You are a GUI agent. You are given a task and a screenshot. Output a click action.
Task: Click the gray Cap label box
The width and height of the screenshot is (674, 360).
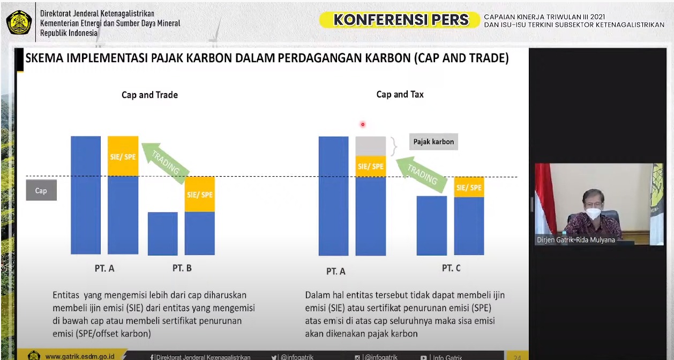[x=41, y=190]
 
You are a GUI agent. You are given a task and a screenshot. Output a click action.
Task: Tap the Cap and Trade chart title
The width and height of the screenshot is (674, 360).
[x=149, y=95]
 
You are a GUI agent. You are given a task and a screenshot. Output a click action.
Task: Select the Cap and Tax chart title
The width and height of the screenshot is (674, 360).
[x=400, y=94]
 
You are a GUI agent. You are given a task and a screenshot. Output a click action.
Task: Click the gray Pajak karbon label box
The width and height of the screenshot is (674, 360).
[x=433, y=141]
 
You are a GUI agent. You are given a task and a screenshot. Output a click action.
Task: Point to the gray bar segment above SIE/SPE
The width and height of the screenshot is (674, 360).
[x=371, y=146]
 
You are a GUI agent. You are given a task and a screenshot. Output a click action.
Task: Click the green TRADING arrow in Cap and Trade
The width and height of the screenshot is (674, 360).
[x=166, y=161]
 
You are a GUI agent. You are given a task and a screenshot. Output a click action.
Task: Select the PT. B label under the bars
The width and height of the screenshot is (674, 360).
[x=182, y=268]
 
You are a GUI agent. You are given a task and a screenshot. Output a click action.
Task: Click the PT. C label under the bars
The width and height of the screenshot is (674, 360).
[x=451, y=268]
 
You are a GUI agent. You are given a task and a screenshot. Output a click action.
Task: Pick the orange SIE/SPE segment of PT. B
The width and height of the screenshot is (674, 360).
[x=200, y=194]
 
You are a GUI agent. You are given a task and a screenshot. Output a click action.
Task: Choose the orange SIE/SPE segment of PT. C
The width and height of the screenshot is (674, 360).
[x=469, y=187]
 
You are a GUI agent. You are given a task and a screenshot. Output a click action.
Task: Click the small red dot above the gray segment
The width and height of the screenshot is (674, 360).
[x=363, y=124]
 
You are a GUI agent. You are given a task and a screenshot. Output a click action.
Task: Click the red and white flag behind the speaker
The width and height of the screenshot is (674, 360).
[x=545, y=198]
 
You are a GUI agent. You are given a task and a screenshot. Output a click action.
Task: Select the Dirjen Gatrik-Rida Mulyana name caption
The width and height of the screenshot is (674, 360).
[x=576, y=240]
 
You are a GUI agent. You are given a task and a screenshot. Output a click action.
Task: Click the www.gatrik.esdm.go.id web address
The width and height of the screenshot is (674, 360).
[x=83, y=356]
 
